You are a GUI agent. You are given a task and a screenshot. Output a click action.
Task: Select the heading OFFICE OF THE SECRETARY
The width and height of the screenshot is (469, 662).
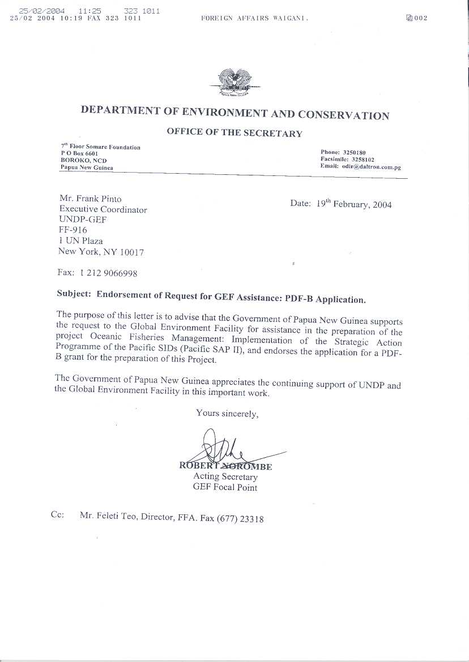pyautogui.click(x=234, y=133)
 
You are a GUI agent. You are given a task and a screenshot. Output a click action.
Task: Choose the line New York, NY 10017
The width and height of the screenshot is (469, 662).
pyautogui.click(x=101, y=252)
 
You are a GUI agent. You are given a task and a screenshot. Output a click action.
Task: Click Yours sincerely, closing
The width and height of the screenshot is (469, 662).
pyautogui.click(x=227, y=414)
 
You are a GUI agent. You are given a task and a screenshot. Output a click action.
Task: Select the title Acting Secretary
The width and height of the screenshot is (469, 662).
pyautogui.click(x=225, y=477)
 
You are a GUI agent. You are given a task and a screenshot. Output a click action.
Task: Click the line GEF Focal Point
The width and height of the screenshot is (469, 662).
pyautogui.click(x=225, y=487)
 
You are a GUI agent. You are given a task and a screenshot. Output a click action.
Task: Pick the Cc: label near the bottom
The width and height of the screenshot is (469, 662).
pyautogui.click(x=57, y=515)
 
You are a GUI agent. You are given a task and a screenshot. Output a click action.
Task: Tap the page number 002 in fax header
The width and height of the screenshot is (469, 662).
pyautogui.click(x=420, y=18)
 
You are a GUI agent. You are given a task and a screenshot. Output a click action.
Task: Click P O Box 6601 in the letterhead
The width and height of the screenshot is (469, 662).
pyautogui.click(x=80, y=154)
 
